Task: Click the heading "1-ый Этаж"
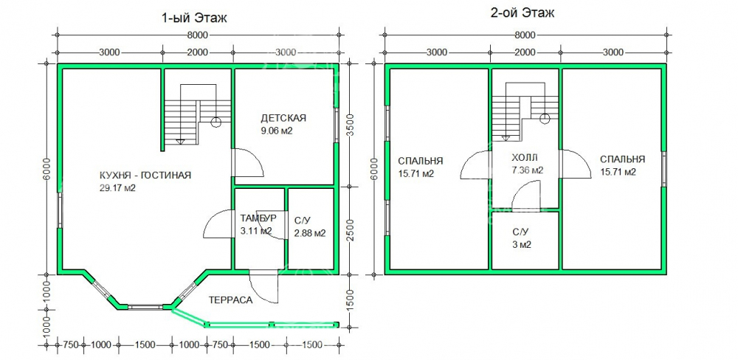[194, 18]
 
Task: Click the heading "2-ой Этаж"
[522, 13]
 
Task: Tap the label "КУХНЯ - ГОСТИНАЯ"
[145, 176]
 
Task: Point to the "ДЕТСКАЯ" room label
[283, 117]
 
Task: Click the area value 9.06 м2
[277, 131]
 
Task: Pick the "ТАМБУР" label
[258, 218]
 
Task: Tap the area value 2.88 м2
[310, 233]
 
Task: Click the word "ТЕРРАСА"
[231, 300]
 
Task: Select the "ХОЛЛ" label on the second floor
[524, 158]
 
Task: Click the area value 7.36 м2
[527, 170]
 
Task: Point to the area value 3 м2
[522, 245]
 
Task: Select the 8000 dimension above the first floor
[197, 35]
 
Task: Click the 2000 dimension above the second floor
[524, 52]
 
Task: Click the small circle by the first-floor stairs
[216, 122]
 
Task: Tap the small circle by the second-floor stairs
[545, 118]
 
